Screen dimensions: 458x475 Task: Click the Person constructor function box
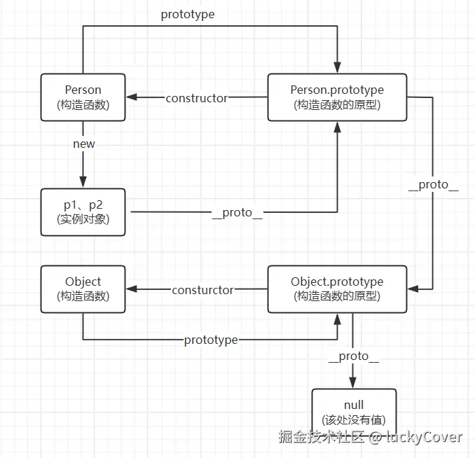coord(83,97)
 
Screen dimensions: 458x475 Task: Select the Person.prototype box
coord(337,97)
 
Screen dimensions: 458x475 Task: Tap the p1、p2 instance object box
coord(83,211)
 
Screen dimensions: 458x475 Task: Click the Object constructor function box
coord(83,289)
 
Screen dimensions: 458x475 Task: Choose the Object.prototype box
coord(337,289)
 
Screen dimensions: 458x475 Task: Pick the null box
coord(354,412)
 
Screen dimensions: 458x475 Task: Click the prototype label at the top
coord(187,14)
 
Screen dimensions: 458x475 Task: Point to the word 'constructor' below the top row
coord(196,98)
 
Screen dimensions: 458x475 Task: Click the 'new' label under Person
coord(83,144)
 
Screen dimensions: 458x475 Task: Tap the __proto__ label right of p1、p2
coord(237,212)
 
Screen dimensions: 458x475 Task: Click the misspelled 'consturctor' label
coord(202,289)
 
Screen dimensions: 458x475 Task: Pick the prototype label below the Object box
coord(210,340)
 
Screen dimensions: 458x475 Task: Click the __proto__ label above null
coord(354,356)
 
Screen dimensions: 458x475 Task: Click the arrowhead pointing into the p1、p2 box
coord(83,183)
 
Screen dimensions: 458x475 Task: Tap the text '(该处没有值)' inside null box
coord(354,420)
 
